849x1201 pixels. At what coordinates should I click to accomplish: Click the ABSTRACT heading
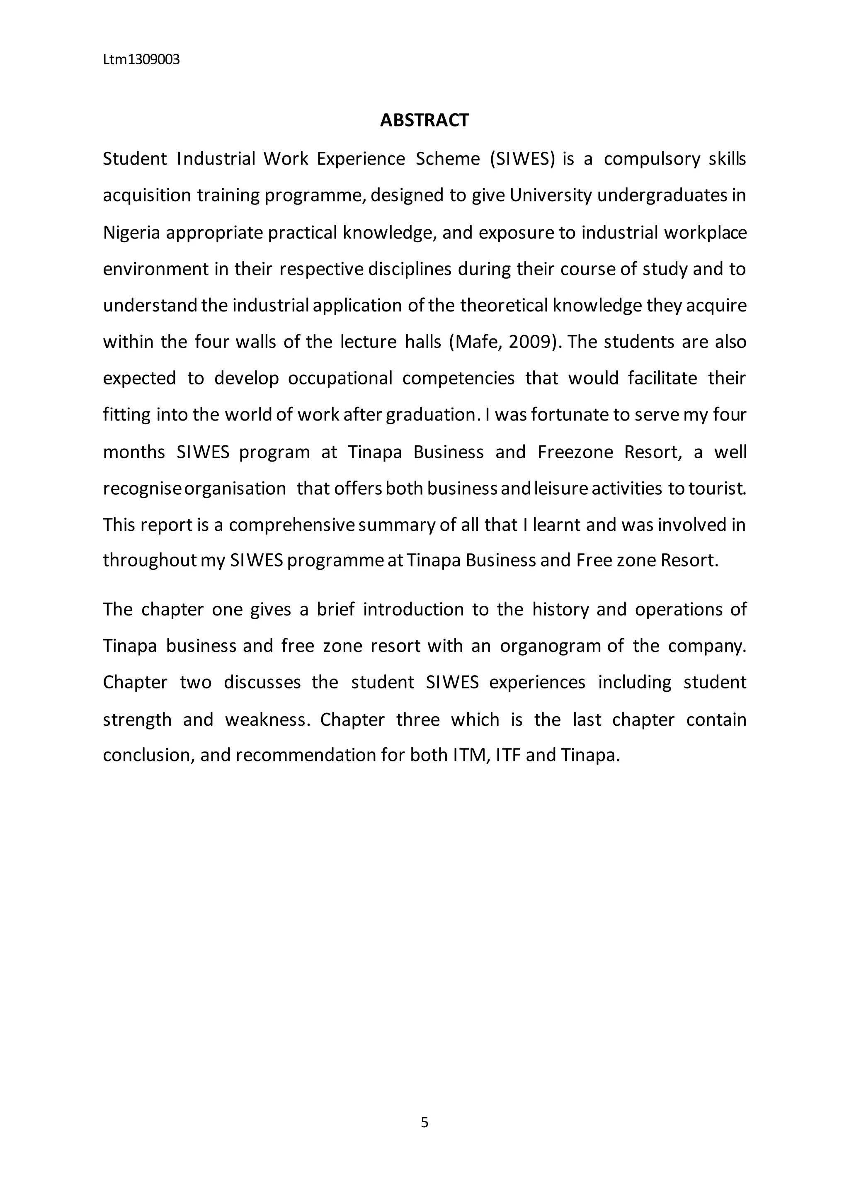[x=424, y=120]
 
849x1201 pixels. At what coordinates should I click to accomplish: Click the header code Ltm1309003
[x=141, y=60]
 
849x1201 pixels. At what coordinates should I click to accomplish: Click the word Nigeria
[x=131, y=232]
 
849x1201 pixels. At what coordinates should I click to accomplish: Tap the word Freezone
[x=575, y=452]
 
